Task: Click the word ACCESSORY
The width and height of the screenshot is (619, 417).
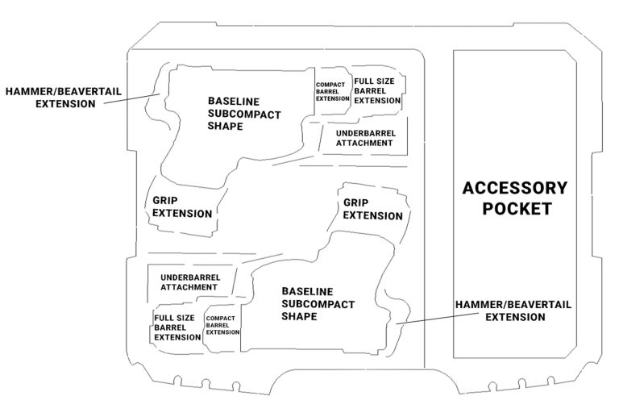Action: [514, 189]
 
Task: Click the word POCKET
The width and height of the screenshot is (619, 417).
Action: [514, 208]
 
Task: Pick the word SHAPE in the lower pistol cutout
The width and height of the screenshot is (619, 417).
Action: [297, 316]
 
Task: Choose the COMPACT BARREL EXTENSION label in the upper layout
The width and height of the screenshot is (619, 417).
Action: [332, 91]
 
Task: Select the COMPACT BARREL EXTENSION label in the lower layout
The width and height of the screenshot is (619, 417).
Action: [222, 325]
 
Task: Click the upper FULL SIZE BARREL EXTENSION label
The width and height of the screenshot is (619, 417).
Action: [377, 91]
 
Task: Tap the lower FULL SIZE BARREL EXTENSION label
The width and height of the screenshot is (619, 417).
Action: [177, 327]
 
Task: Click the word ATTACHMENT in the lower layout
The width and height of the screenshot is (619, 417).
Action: [188, 287]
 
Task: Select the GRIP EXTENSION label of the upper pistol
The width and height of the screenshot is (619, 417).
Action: [182, 207]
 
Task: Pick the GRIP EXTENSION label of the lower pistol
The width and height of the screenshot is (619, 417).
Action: [373, 210]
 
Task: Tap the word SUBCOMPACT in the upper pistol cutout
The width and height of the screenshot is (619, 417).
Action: [244, 115]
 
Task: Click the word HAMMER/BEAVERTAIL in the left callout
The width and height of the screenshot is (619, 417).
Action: [62, 92]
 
